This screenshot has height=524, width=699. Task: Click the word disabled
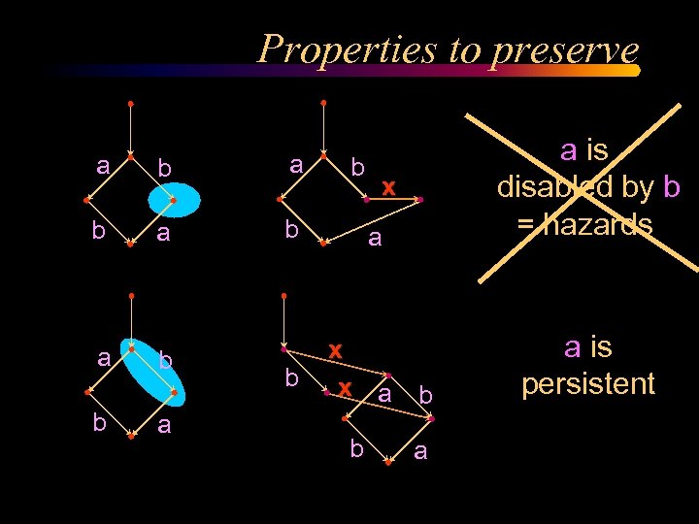point(577,186)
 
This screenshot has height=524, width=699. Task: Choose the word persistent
point(588,383)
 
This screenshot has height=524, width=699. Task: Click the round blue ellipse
point(174,200)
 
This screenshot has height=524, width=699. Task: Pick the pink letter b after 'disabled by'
point(672,186)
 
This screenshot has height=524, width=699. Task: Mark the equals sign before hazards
point(525,224)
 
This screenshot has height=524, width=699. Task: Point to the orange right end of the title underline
point(634,71)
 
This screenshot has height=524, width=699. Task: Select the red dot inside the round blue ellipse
point(173,201)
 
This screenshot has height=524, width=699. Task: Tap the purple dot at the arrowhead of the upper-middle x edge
point(419,200)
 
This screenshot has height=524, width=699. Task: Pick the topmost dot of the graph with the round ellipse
point(130,102)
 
